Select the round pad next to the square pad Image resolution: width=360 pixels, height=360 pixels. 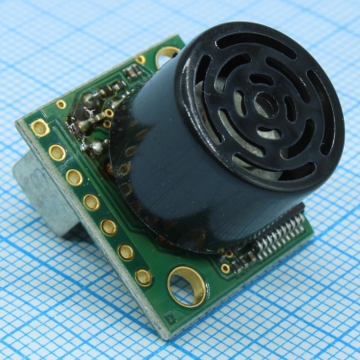58,153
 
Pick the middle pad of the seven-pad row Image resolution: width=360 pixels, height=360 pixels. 91,202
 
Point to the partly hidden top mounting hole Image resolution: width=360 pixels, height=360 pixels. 166,57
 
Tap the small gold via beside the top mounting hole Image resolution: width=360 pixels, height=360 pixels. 140,59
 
